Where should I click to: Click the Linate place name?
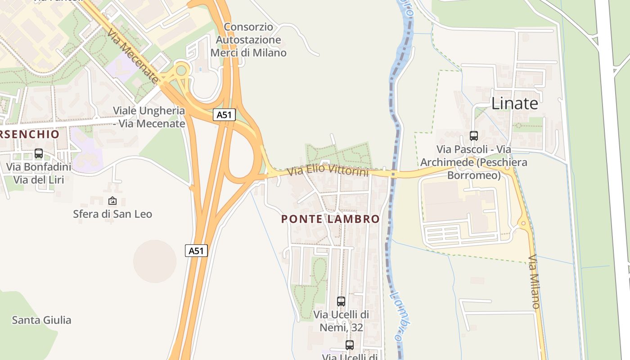click(514, 103)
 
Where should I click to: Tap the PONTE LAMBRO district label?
click(330, 219)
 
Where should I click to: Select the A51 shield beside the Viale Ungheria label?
click(224, 115)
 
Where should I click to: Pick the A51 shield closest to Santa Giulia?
click(196, 251)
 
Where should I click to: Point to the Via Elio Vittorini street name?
click(328, 171)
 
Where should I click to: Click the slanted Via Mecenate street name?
click(133, 56)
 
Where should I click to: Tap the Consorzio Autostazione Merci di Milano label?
click(248, 40)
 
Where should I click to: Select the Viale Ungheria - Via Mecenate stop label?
click(148, 117)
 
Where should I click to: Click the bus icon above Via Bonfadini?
click(39, 153)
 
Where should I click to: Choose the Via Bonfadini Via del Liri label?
click(39, 174)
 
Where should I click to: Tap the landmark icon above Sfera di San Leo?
click(112, 201)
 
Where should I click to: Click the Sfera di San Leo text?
click(112, 214)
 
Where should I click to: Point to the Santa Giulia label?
click(41, 320)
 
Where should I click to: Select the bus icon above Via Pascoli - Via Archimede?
click(473, 135)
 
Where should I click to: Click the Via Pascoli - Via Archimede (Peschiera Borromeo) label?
click(473, 162)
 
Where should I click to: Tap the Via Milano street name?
click(534, 282)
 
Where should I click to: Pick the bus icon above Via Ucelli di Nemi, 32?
click(341, 301)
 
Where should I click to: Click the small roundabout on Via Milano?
click(523, 223)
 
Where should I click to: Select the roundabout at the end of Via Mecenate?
click(182, 70)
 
